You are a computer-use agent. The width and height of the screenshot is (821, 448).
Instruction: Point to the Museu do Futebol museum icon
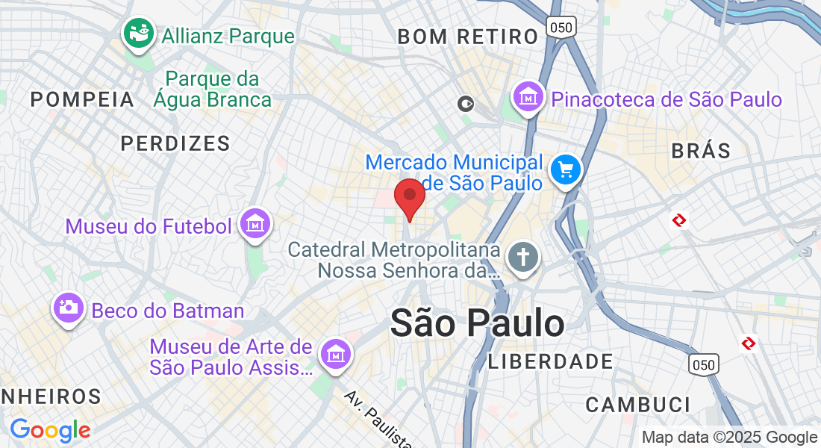pyautogui.click(x=255, y=224)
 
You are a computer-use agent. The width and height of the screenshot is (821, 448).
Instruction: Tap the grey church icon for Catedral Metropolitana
pyautogui.click(x=523, y=258)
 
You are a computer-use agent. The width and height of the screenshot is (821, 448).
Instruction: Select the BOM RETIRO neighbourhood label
pyautogui.click(x=467, y=36)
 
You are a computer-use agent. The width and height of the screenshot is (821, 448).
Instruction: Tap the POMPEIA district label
pyautogui.click(x=82, y=99)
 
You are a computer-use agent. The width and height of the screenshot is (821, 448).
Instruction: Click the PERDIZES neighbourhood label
pyautogui.click(x=175, y=143)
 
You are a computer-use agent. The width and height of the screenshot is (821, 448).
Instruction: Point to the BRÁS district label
pyautogui.click(x=701, y=150)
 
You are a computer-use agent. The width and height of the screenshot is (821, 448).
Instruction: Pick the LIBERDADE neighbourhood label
pyautogui.click(x=550, y=362)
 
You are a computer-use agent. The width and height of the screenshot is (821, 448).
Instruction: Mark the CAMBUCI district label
pyautogui.click(x=638, y=405)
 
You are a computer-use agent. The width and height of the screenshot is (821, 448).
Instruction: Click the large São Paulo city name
pyautogui.click(x=478, y=323)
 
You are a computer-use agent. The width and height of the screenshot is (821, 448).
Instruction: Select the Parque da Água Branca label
pyautogui.click(x=213, y=89)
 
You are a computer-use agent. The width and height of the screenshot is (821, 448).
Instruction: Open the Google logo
pyautogui.click(x=50, y=430)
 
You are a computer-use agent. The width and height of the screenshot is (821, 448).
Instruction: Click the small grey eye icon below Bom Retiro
pyautogui.click(x=466, y=104)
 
